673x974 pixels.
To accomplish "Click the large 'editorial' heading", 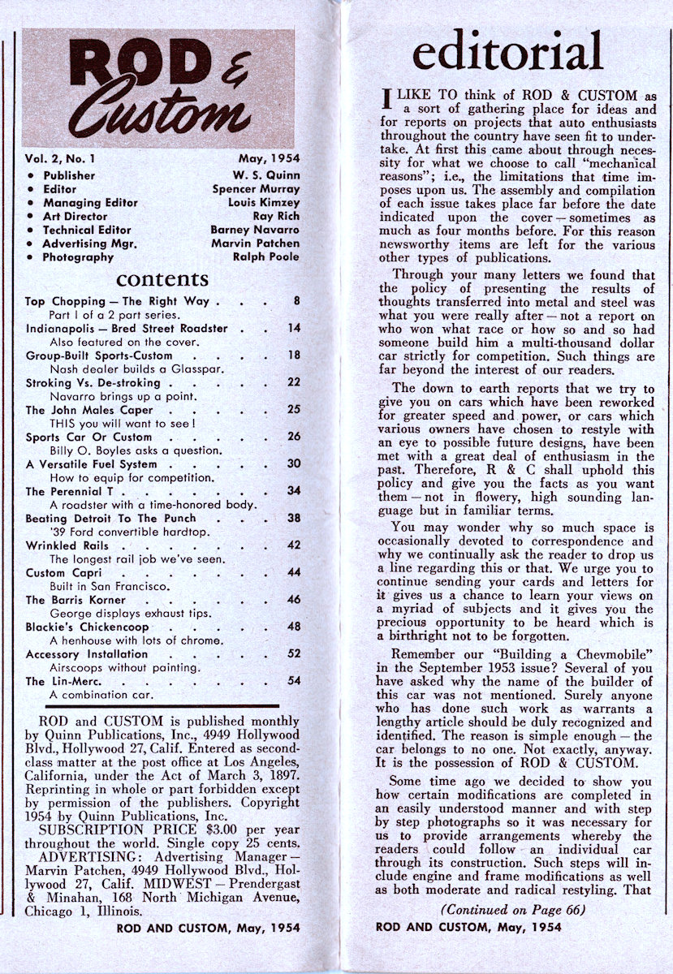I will (507, 53).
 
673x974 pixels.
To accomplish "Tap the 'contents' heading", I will (162, 280).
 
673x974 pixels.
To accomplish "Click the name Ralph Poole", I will (265, 257).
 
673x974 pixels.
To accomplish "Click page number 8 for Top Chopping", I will (297, 301).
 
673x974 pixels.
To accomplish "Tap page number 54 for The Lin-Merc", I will (293, 681).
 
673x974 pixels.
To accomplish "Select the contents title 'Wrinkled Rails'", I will (62, 545).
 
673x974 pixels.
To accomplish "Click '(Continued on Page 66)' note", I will (511, 910).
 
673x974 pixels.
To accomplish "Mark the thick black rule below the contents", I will (152, 706).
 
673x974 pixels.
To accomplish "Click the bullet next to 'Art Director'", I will (31, 217).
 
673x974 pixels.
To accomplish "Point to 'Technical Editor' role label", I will (87, 230).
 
